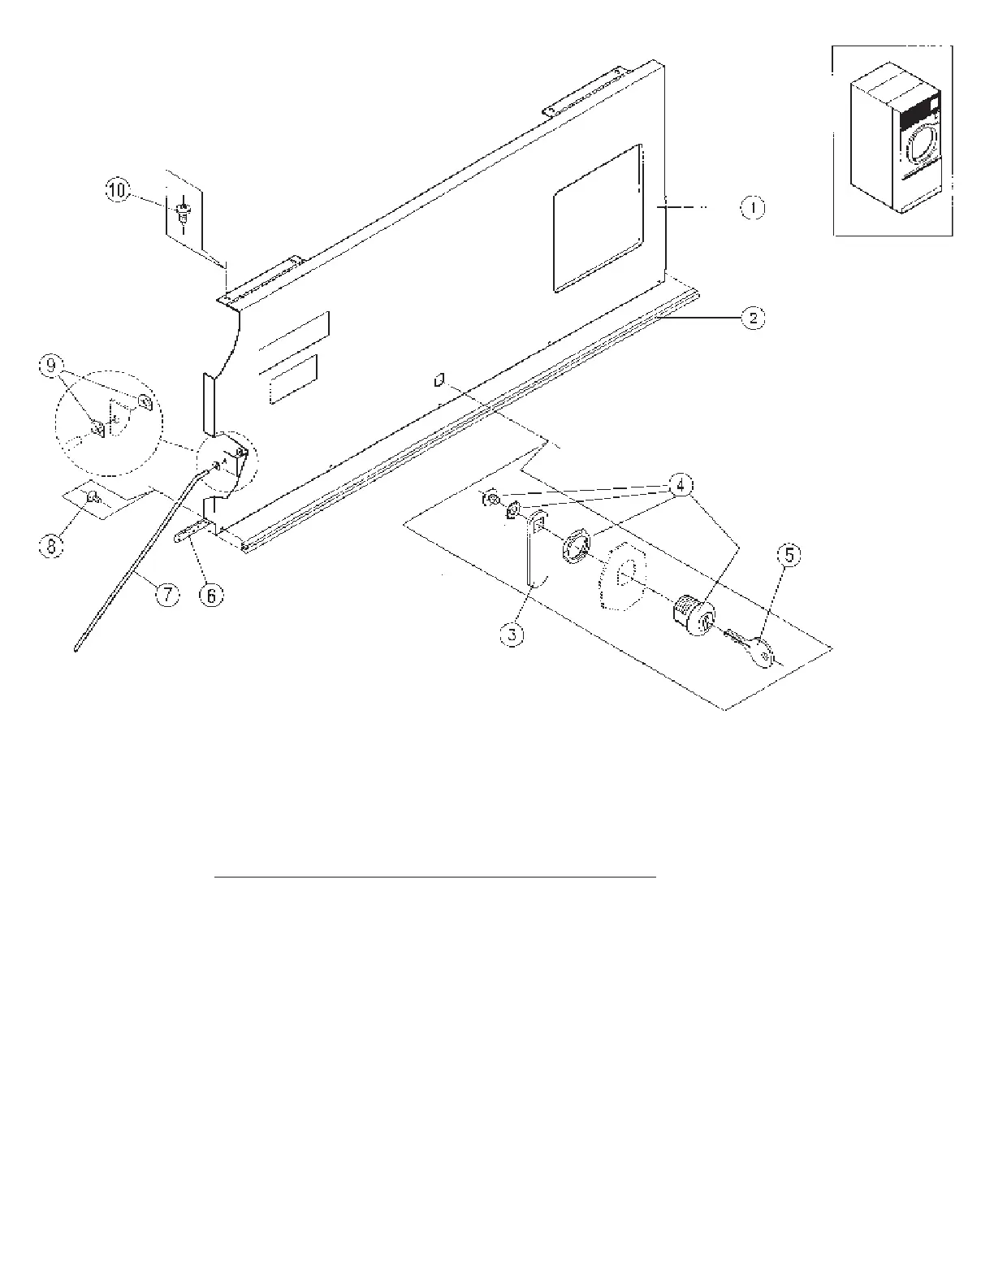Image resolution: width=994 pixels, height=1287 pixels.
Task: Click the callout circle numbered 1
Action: coord(753,208)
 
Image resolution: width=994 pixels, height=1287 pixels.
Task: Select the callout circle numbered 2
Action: coord(753,318)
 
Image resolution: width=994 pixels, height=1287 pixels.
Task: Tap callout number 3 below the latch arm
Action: coord(512,634)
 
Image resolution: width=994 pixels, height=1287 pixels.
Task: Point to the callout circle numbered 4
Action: coord(680,485)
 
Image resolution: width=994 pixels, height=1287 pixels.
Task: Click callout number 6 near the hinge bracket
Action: coord(210,596)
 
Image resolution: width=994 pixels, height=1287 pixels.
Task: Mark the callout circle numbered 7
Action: coord(166,596)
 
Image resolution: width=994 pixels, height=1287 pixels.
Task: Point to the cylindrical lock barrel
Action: coord(693,618)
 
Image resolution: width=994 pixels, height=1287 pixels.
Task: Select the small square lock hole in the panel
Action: coord(439,379)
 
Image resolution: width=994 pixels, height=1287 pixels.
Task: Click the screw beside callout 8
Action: coord(93,496)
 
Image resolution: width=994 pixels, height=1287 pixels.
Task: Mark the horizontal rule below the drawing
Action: coord(435,877)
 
